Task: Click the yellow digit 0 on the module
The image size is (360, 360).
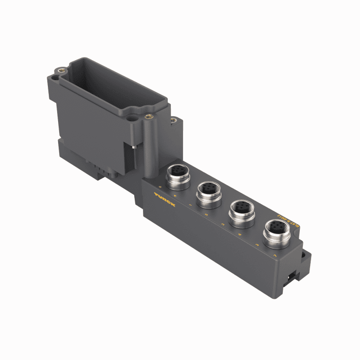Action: click(160, 187)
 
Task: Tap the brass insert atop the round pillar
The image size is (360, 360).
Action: click(149, 116)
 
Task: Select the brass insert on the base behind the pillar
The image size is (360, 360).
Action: click(173, 120)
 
